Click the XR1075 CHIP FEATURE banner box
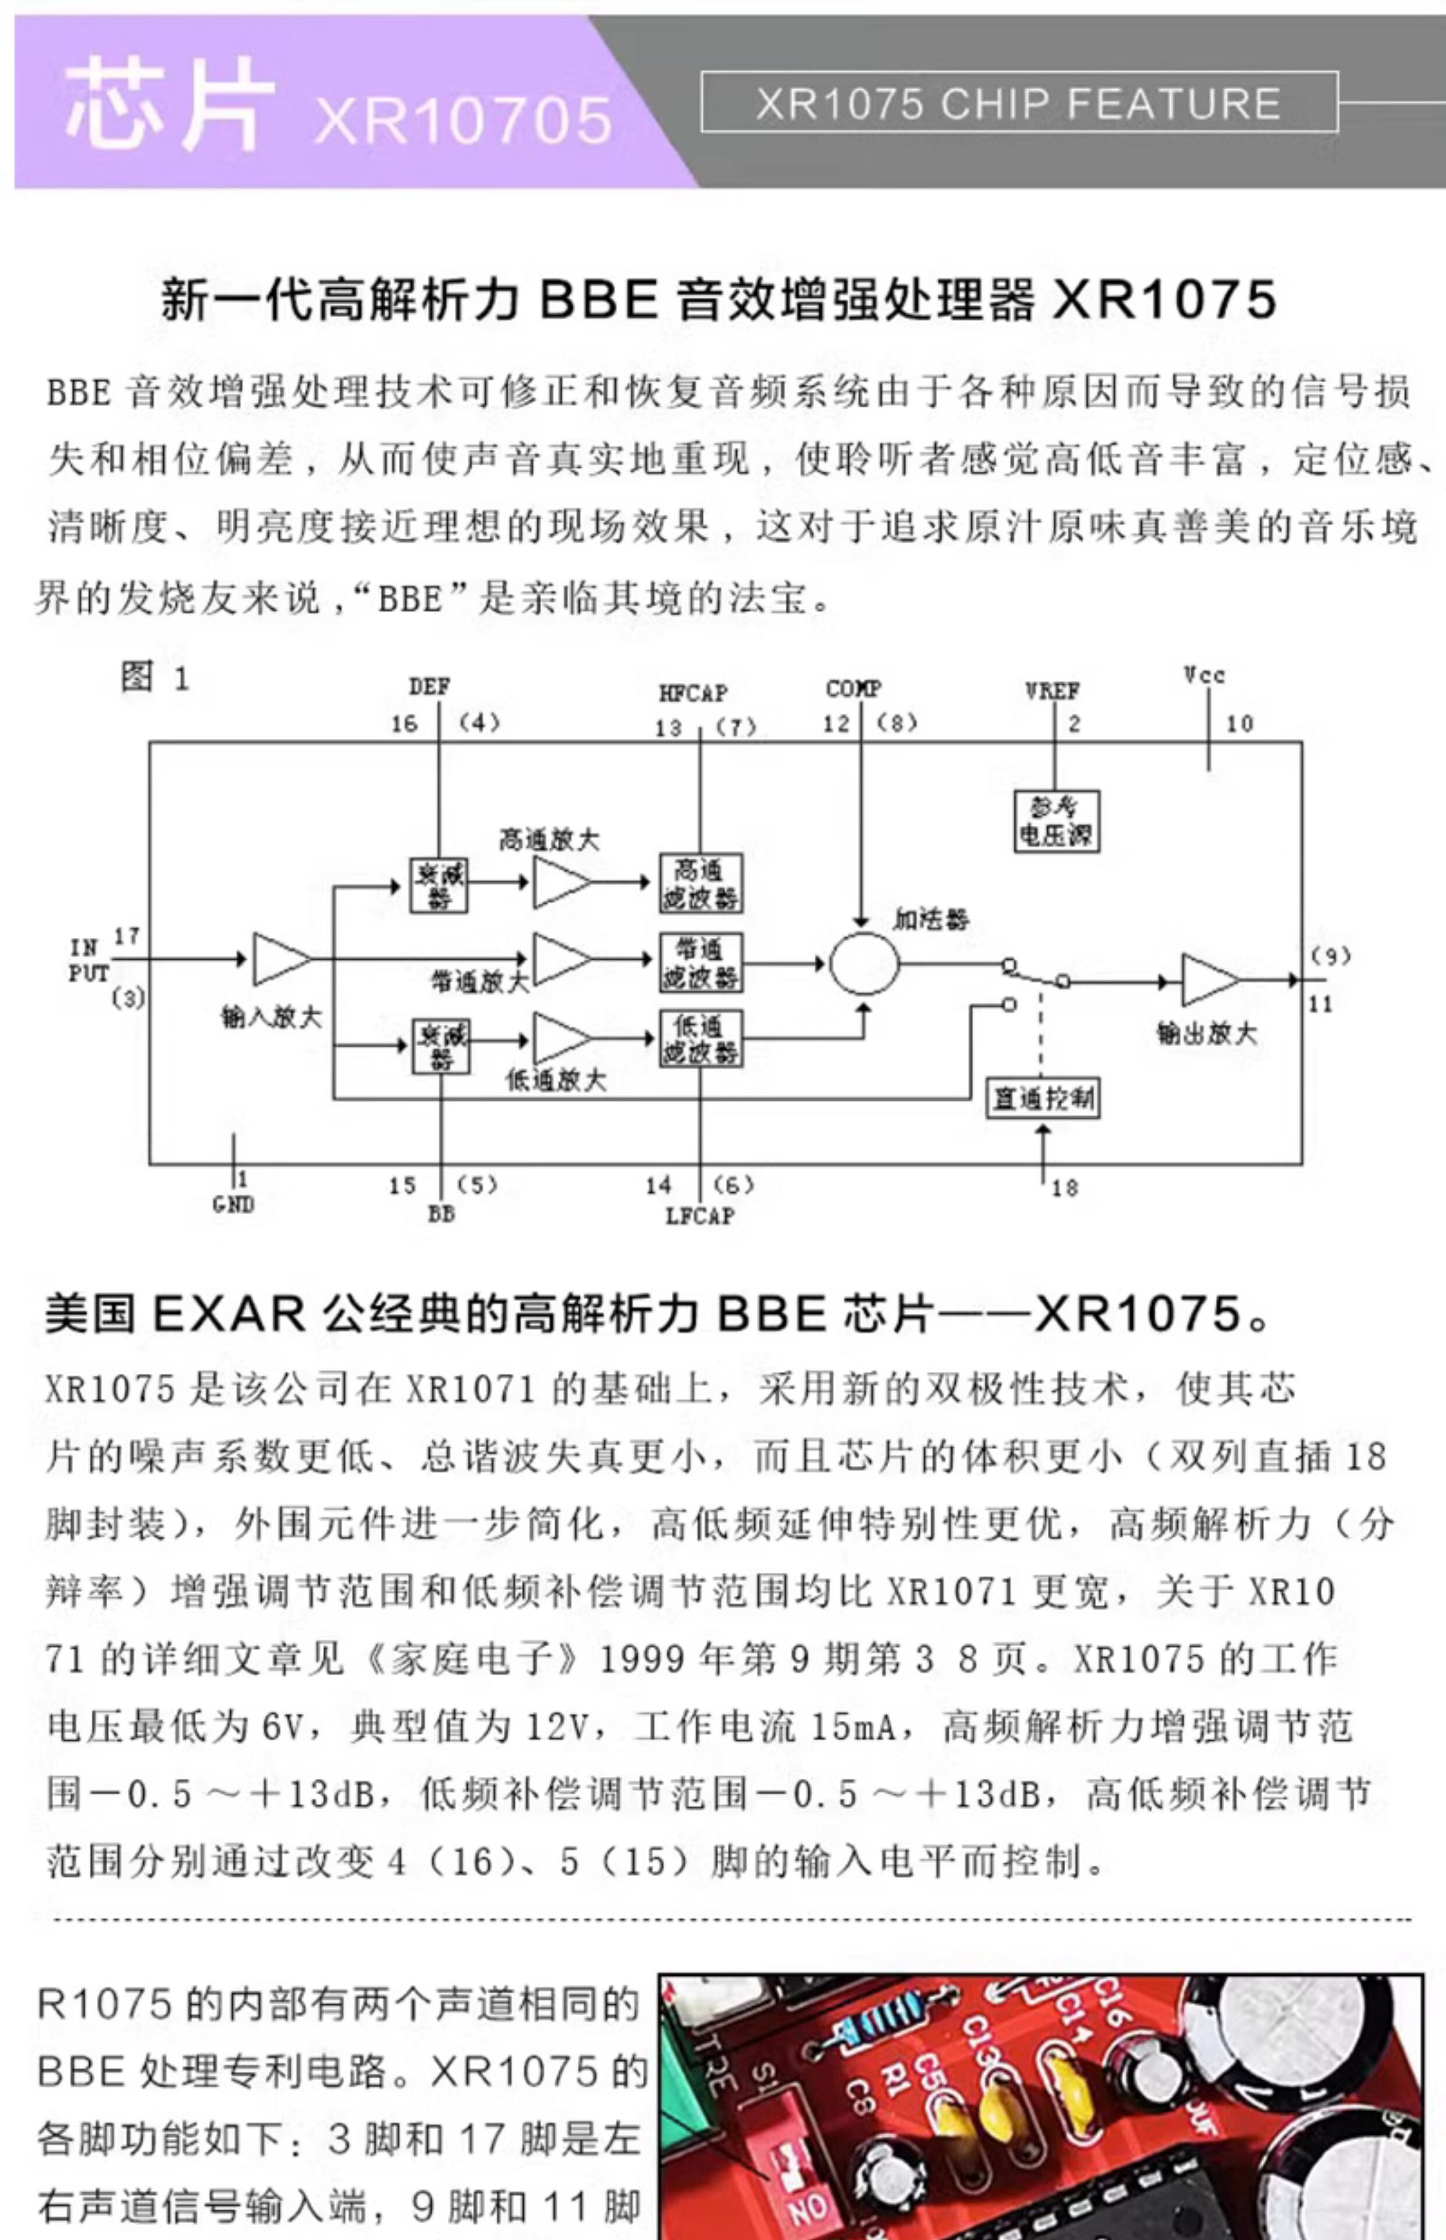1019,102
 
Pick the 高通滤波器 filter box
700,883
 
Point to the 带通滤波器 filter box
700,962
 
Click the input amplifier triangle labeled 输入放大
279,959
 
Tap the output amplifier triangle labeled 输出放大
1209,981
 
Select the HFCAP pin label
693,693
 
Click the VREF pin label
1052,691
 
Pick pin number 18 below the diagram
1064,1188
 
